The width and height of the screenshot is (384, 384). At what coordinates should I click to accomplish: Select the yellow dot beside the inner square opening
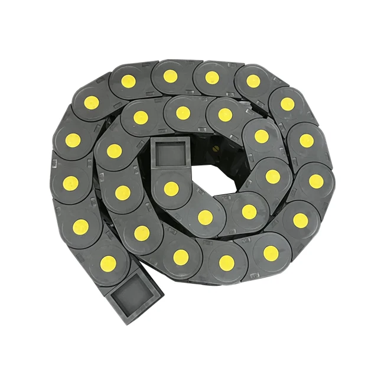click(x=171, y=188)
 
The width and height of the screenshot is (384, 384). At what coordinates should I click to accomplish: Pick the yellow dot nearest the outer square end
click(x=108, y=263)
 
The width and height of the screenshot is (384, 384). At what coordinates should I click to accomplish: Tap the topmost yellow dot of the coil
click(x=170, y=76)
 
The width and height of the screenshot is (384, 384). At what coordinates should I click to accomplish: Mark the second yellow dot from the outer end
click(x=81, y=226)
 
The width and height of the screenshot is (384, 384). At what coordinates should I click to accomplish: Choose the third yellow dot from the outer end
click(x=71, y=183)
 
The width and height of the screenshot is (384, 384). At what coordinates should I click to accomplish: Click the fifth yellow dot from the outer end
click(x=91, y=102)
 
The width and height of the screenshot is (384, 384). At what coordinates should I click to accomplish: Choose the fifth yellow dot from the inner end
click(x=261, y=136)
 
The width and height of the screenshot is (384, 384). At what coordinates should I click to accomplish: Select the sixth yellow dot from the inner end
click(x=225, y=115)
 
